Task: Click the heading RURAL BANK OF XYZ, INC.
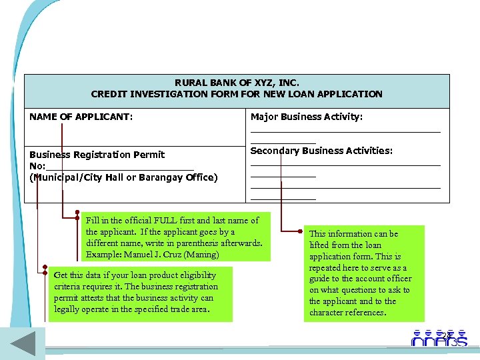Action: coord(237,83)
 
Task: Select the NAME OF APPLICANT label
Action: coord(81,117)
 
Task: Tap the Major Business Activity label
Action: coord(306,117)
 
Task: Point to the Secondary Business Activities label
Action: coord(321,151)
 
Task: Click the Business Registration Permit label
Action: coord(97,155)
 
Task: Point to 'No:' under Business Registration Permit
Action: coord(37,166)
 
